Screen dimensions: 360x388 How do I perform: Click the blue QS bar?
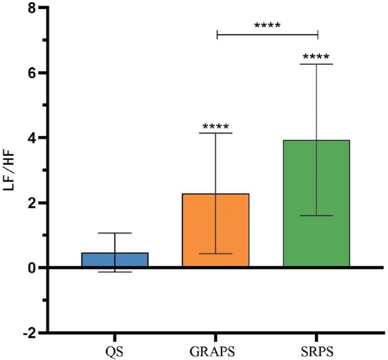(115, 260)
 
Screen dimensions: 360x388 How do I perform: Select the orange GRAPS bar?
(216, 230)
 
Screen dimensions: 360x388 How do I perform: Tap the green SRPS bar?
(317, 204)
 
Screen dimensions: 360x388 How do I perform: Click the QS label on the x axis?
(115, 347)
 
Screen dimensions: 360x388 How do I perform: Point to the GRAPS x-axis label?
(216, 347)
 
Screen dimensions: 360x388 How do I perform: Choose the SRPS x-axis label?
(317, 347)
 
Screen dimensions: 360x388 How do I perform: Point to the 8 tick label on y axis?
(33, 9)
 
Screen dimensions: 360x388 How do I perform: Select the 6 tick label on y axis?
(33, 73)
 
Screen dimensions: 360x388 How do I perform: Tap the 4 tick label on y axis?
(33, 138)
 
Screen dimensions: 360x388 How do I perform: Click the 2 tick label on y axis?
(33, 203)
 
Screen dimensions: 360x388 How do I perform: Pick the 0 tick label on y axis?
(33, 268)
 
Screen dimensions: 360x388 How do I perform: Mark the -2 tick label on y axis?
(30, 332)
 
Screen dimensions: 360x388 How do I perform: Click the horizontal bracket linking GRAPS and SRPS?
(267, 35)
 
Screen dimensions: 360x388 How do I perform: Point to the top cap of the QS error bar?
(115, 233)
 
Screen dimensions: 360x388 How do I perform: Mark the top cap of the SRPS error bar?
(317, 64)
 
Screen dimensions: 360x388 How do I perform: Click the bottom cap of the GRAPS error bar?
(216, 253)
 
